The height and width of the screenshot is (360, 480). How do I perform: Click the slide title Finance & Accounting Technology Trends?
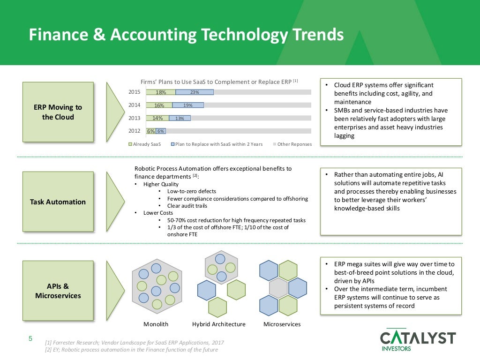[186, 35]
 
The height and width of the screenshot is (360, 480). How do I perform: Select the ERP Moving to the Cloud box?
[58, 112]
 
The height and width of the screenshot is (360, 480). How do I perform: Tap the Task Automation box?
[58, 202]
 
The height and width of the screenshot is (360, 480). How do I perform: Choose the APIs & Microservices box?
[58, 291]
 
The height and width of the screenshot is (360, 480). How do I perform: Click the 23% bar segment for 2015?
[195, 92]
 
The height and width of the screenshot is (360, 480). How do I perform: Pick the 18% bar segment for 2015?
[161, 92]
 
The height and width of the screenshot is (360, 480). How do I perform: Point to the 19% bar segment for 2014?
[188, 105]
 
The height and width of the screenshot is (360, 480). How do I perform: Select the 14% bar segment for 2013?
[157, 118]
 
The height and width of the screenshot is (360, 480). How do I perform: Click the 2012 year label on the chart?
[134, 131]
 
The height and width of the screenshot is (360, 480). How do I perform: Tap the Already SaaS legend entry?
[145, 144]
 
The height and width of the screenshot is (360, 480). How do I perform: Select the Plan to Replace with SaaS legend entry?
[216, 144]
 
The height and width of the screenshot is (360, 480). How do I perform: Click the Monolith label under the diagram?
[156, 324]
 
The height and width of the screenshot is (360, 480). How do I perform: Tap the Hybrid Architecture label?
[218, 324]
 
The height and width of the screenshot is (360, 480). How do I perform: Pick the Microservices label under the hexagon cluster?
[282, 324]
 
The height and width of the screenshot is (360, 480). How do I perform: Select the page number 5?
[30, 339]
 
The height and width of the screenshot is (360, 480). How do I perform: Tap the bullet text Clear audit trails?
[187, 205]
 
